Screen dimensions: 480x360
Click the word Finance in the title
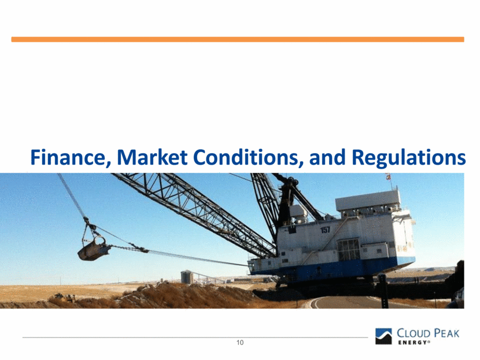pyautogui.click(x=71, y=158)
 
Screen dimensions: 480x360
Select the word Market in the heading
pyautogui.click(x=153, y=157)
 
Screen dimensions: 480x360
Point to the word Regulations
pyautogui.click(x=409, y=158)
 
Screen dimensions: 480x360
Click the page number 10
pyautogui.click(x=240, y=343)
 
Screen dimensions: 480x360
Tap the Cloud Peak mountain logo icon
pyautogui.click(x=383, y=336)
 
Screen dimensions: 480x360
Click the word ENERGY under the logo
pyautogui.click(x=412, y=343)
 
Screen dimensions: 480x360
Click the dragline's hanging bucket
pyautogui.click(x=94, y=248)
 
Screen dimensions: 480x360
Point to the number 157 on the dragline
pyautogui.click(x=325, y=230)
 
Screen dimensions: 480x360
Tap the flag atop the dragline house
pyautogui.click(x=389, y=177)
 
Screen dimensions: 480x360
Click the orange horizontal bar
pyautogui.click(x=238, y=39)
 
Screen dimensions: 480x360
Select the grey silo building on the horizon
pyautogui.click(x=186, y=277)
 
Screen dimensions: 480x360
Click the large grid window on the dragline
pyautogui.click(x=349, y=250)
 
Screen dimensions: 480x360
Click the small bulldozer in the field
pyautogui.click(x=65, y=296)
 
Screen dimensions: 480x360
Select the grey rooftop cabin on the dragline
pyautogui.click(x=368, y=201)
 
